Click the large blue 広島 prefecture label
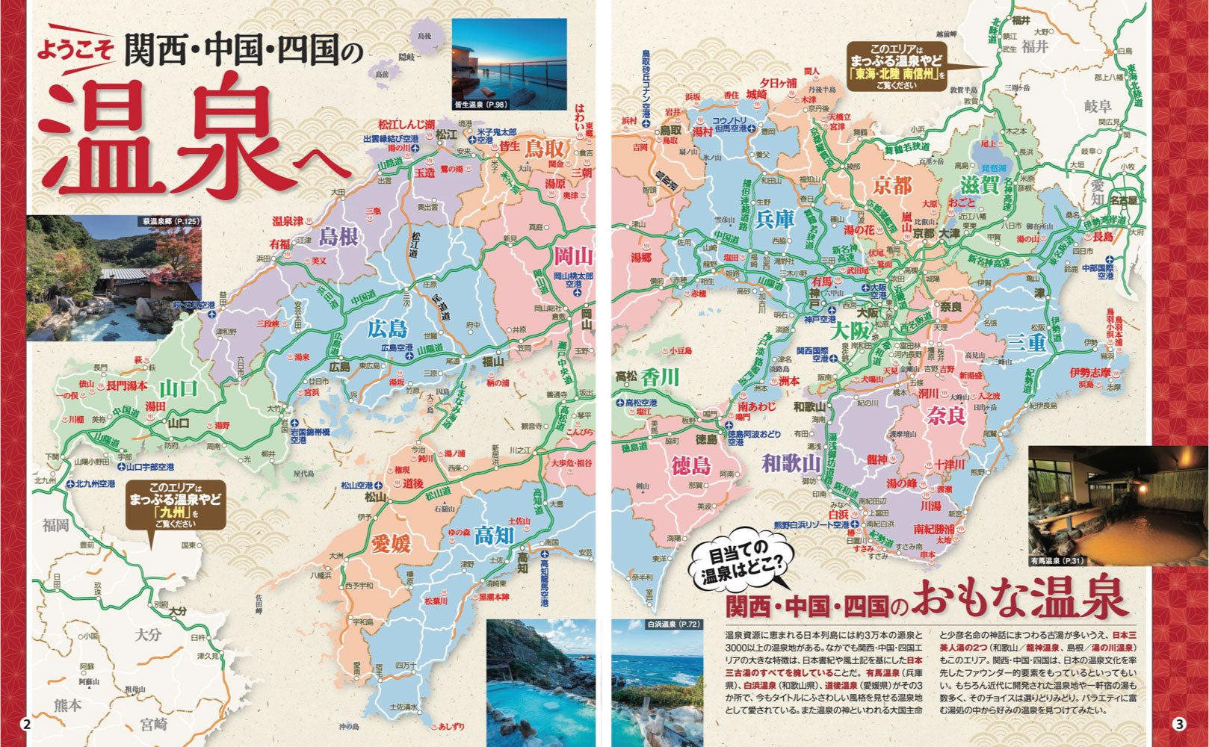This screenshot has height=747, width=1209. tap(386, 328)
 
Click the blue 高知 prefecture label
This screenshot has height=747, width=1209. tap(494, 535)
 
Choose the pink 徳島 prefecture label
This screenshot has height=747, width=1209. tap(690, 465)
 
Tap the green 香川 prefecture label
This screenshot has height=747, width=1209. tap(659, 377)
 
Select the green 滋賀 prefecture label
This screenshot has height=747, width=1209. tap(979, 185)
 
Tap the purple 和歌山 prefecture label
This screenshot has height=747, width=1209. tap(791, 464)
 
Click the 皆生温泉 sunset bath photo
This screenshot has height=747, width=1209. tap(509, 65)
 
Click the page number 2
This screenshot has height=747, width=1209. tap(27, 723)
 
